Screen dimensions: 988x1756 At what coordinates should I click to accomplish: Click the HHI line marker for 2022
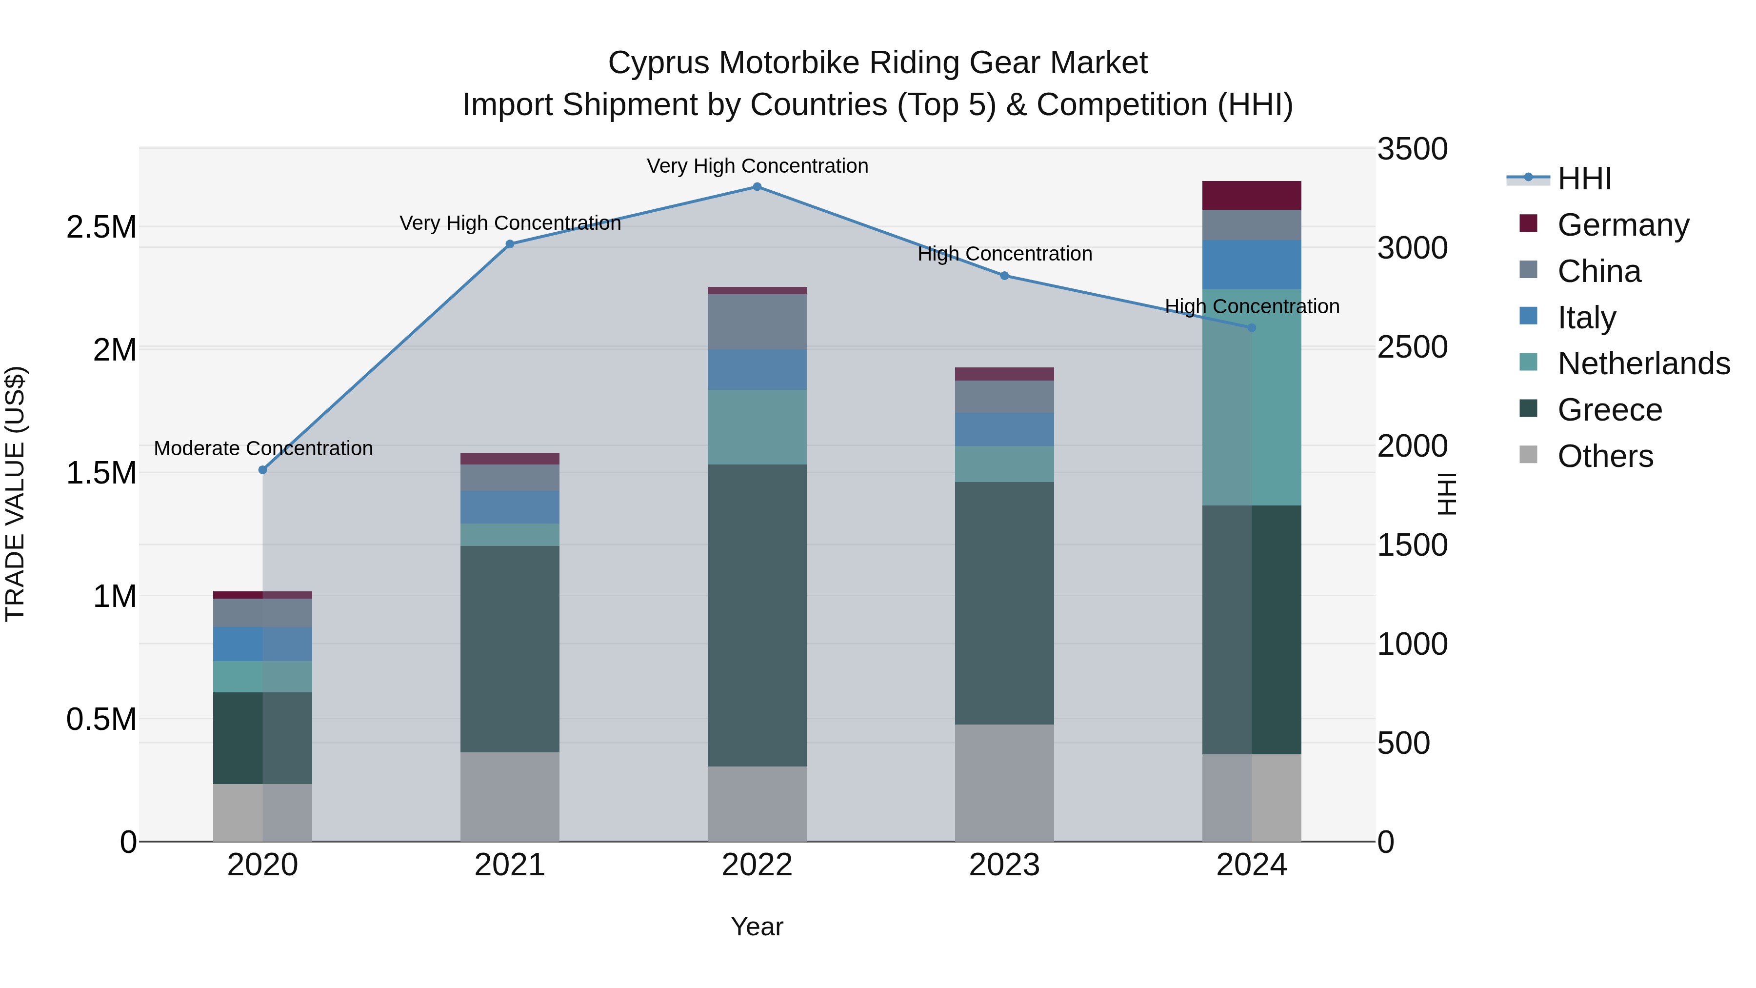[757, 187]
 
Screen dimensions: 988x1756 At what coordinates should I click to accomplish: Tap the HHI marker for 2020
[262, 470]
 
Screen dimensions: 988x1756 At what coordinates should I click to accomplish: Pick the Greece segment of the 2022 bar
[757, 615]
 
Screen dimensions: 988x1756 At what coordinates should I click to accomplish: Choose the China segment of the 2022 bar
[757, 322]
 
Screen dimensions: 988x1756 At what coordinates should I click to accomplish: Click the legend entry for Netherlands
[1643, 363]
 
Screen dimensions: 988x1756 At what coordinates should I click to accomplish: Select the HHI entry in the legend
[1584, 179]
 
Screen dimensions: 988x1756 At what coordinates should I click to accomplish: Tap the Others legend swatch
[1528, 455]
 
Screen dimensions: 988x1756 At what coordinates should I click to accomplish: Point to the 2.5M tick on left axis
[101, 227]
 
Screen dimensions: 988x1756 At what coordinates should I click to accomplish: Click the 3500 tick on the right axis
[1412, 149]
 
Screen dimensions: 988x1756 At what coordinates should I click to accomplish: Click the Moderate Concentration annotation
[263, 449]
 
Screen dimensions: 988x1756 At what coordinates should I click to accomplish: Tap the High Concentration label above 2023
[1004, 254]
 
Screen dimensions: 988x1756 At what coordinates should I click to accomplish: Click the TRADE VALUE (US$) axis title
[15, 494]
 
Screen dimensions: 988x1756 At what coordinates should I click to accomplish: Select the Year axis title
[757, 927]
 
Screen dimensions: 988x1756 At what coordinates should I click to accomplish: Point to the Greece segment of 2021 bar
[509, 648]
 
